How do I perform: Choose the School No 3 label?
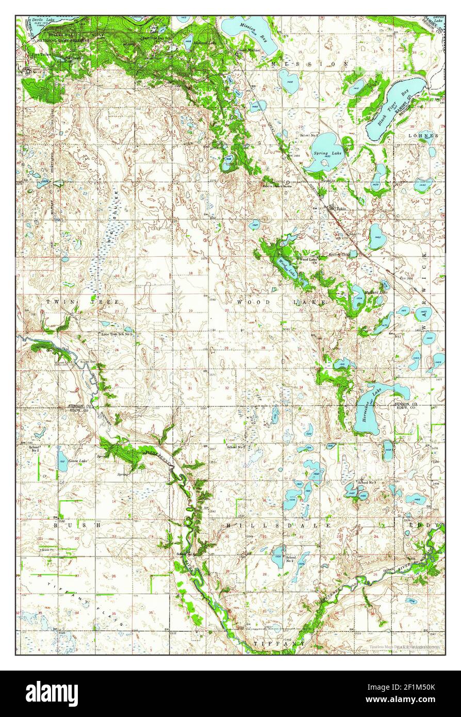coord(367,482)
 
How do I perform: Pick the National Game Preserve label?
coord(62,40)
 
